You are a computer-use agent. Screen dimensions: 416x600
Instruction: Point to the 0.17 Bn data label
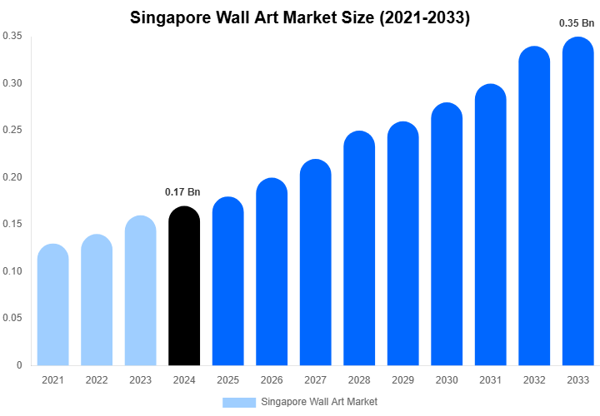click(x=184, y=192)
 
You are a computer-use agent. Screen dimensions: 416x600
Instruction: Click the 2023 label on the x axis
click(x=140, y=380)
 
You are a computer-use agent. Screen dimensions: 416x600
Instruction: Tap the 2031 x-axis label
click(x=490, y=380)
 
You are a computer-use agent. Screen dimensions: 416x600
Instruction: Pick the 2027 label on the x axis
click(x=315, y=380)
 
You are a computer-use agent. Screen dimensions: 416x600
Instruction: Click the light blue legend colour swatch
click(x=238, y=402)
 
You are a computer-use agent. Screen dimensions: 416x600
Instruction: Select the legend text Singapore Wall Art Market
click(x=319, y=402)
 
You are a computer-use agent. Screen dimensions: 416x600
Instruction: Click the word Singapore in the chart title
click(x=172, y=17)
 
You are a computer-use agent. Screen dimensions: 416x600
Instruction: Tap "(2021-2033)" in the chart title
click(x=423, y=17)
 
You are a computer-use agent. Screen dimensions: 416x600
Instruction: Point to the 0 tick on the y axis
click(x=19, y=365)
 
